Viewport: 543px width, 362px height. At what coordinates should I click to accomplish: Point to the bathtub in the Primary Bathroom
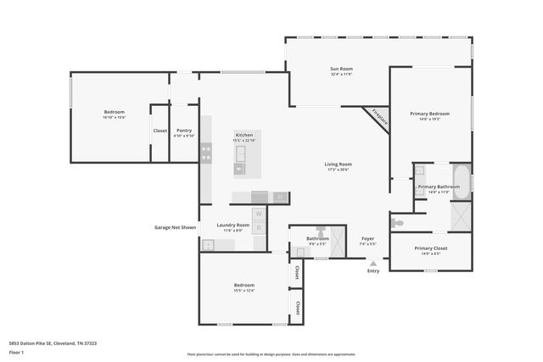(x=460, y=181)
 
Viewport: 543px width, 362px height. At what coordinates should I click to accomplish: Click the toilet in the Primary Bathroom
(x=398, y=222)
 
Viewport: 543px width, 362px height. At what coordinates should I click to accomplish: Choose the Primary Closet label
(x=430, y=248)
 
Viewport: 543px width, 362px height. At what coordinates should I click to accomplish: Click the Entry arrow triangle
(x=372, y=264)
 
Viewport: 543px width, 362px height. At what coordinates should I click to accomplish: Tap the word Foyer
(x=368, y=238)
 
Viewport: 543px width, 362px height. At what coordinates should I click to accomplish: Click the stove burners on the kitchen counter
(x=205, y=153)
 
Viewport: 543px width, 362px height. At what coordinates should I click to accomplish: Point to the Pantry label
(x=184, y=130)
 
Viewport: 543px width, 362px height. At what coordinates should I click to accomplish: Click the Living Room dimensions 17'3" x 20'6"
(x=338, y=170)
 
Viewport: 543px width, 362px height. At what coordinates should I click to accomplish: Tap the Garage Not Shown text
(x=175, y=227)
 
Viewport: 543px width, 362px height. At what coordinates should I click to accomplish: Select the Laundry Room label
(x=232, y=225)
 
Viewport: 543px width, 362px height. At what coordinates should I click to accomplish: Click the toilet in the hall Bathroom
(x=321, y=230)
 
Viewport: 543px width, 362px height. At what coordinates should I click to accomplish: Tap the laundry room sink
(x=209, y=244)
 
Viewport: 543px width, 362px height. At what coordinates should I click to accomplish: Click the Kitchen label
(x=244, y=136)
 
